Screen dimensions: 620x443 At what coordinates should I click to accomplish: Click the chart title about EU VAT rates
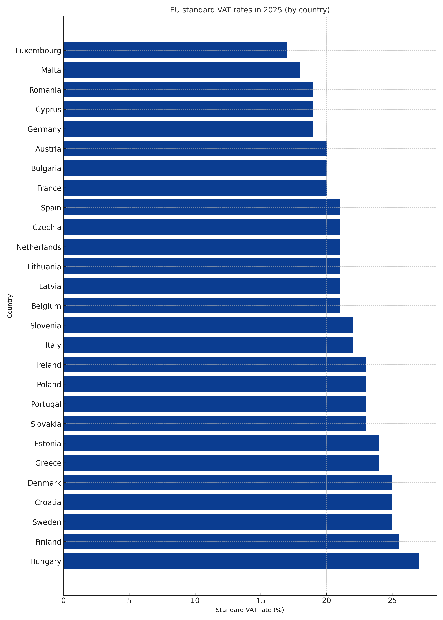pos(250,10)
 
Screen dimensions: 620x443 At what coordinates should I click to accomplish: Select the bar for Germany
pos(188,129)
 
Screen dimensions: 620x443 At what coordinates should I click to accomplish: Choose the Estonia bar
pos(221,443)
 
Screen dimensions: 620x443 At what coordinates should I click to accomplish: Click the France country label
pos(49,188)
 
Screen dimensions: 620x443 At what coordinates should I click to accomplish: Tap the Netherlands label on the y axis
pos(39,247)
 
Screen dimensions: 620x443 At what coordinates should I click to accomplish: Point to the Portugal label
pos(46,404)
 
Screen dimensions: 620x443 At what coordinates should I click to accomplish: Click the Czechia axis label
pos(47,227)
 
